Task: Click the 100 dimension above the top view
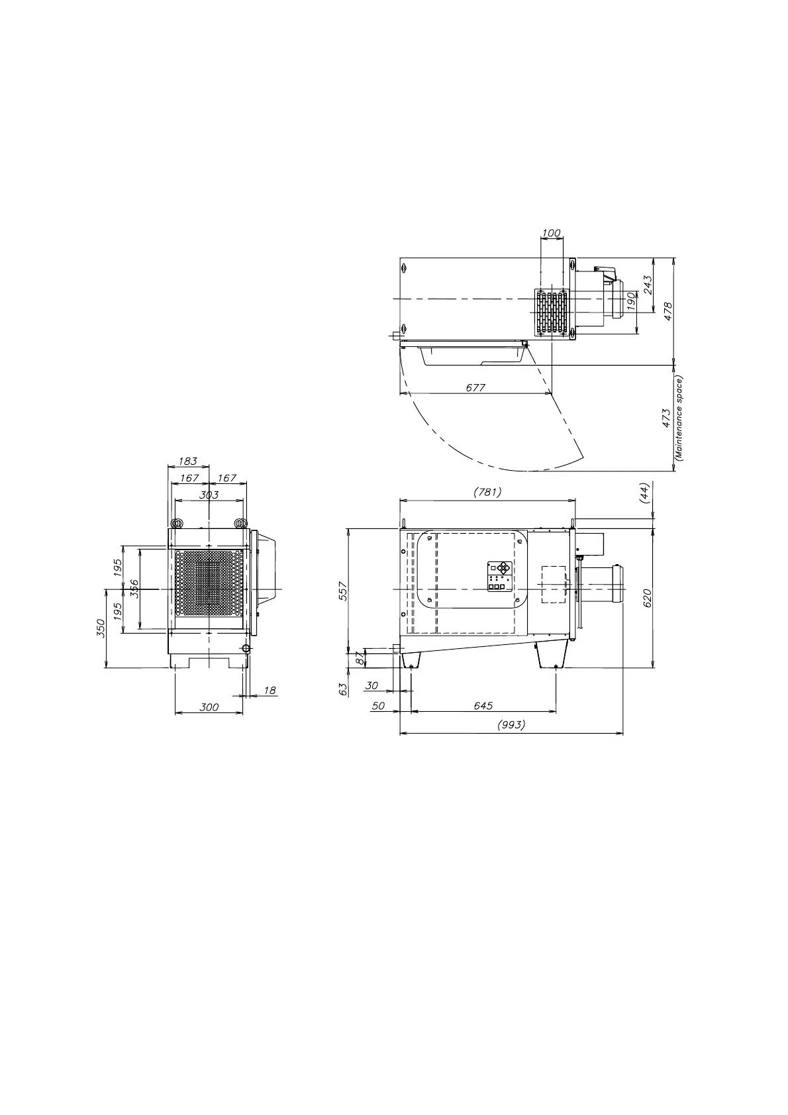click(x=551, y=233)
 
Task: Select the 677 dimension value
click(x=475, y=387)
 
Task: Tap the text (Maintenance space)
click(x=679, y=418)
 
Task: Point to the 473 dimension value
click(x=667, y=418)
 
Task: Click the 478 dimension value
click(x=668, y=311)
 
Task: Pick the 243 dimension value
click(x=648, y=285)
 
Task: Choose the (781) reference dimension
click(x=487, y=492)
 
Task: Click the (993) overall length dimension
click(x=511, y=725)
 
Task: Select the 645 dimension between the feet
click(x=483, y=706)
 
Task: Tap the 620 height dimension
click(x=647, y=598)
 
